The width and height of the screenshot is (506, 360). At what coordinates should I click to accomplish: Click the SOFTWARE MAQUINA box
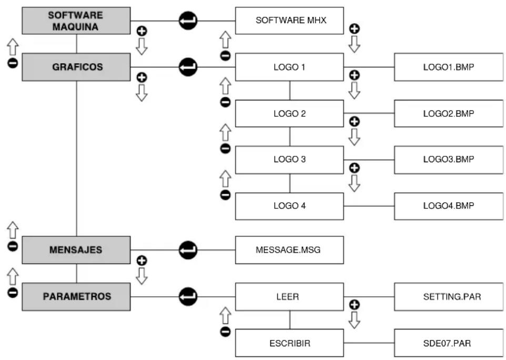(x=76, y=21)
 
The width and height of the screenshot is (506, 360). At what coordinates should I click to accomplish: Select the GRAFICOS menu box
(x=76, y=67)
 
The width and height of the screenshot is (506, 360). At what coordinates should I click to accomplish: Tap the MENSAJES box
(x=76, y=250)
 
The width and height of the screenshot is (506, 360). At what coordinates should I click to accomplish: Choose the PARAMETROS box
(x=76, y=297)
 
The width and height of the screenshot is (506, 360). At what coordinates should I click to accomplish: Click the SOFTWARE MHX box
(x=289, y=21)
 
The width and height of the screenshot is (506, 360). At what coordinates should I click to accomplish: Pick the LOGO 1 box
(x=289, y=67)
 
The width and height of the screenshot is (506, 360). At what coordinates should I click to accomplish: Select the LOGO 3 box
(x=289, y=160)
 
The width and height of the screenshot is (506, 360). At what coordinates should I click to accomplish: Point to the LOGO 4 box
(x=289, y=206)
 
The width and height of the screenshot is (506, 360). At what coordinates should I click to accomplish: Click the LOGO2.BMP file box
(x=449, y=113)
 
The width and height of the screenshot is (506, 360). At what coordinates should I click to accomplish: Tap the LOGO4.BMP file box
(x=449, y=206)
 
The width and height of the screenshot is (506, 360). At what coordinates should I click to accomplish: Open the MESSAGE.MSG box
(x=289, y=250)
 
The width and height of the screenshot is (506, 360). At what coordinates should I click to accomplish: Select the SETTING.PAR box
(x=449, y=297)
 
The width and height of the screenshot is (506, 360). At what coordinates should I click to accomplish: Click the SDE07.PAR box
(x=449, y=343)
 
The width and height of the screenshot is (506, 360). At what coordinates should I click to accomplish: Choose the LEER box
(x=289, y=297)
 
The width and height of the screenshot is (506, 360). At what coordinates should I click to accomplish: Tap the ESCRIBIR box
(x=289, y=343)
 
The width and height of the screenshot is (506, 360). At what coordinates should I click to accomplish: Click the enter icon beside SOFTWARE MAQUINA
(x=188, y=21)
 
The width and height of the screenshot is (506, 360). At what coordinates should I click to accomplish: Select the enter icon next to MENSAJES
(x=188, y=250)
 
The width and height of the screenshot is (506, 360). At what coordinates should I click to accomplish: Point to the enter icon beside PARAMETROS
(x=188, y=296)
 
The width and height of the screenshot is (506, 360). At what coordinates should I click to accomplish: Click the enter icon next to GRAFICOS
(x=188, y=67)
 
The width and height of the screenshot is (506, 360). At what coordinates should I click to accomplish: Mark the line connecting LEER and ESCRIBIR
(x=290, y=320)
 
